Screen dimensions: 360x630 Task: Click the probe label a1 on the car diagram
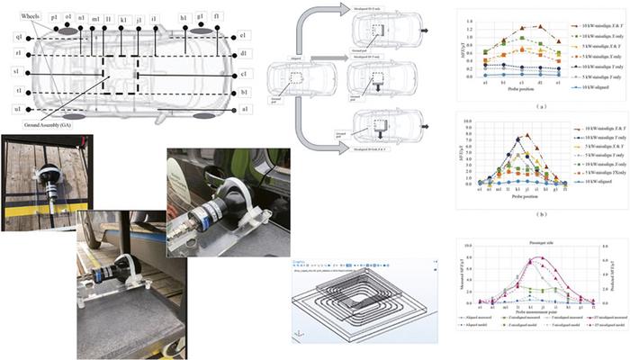pyautogui.click(x=244, y=109)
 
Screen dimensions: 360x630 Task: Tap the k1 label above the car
pyautogui.click(x=123, y=18)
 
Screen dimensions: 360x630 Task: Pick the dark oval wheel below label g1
pyautogui.click(x=200, y=31)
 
